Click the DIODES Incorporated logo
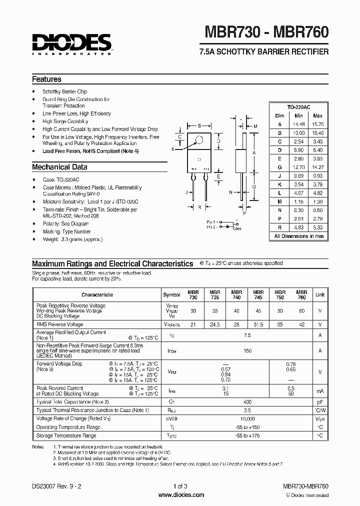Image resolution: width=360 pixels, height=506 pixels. point(71,43)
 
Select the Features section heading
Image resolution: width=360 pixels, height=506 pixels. point(46,79)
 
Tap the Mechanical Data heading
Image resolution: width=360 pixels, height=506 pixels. point(59,167)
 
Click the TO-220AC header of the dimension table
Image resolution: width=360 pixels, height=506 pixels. point(298,107)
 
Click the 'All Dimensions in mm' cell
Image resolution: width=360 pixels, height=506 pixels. point(298,236)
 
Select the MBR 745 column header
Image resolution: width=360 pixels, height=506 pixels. point(258,294)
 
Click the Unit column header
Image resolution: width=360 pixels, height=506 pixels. point(319,295)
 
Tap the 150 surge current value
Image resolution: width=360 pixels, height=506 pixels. point(247,351)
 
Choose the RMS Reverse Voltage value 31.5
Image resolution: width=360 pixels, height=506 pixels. point(258,324)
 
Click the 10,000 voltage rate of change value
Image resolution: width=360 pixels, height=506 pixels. point(247,418)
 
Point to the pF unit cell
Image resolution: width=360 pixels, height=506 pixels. point(319,401)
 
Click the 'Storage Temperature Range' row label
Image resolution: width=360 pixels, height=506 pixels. point(66,435)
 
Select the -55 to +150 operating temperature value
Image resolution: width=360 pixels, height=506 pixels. point(247,427)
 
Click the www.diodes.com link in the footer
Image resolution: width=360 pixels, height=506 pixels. point(180,495)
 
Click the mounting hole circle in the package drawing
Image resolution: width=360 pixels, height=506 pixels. point(199,140)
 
